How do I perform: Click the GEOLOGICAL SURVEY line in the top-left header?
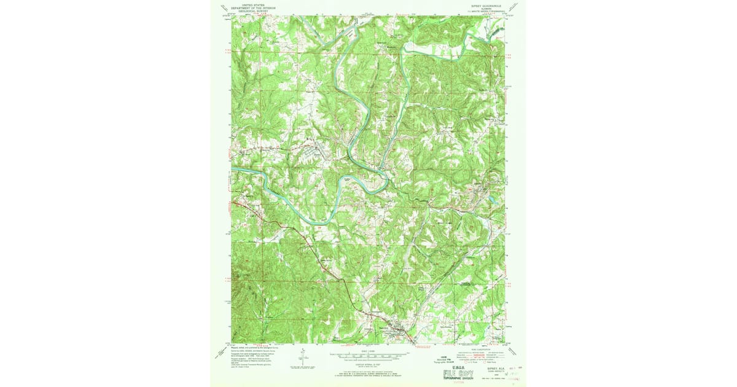pos(255,10)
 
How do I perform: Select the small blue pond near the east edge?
pos(491,201)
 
